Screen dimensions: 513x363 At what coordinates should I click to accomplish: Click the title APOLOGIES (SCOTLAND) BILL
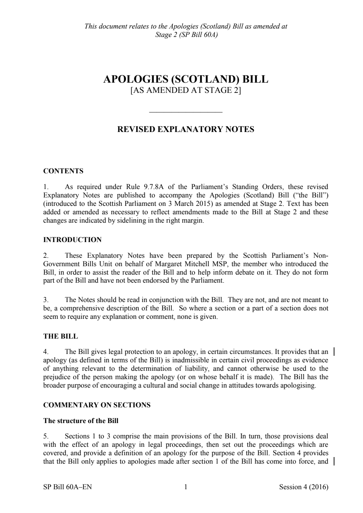point(186,79)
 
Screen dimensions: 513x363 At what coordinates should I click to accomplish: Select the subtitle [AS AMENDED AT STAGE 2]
point(186,90)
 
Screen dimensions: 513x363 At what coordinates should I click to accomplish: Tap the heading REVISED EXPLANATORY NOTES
point(185,129)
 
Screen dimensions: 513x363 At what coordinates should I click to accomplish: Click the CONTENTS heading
point(63,171)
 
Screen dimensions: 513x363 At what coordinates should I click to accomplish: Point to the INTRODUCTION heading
point(73,240)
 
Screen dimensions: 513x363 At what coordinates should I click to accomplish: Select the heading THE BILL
point(60,336)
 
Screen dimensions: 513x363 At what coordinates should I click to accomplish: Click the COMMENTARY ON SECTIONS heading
point(97,405)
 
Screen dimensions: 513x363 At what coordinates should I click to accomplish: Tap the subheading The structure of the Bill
point(81,420)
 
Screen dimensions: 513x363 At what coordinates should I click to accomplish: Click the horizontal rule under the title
point(186,112)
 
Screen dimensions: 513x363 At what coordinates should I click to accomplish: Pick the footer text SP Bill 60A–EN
point(67,487)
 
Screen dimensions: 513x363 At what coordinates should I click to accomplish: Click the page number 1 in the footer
point(186,487)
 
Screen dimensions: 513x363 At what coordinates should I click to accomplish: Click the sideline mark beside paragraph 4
point(335,352)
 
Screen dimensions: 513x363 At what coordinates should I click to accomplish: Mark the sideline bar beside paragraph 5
point(335,461)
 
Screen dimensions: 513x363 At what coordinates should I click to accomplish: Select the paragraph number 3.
point(46,300)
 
